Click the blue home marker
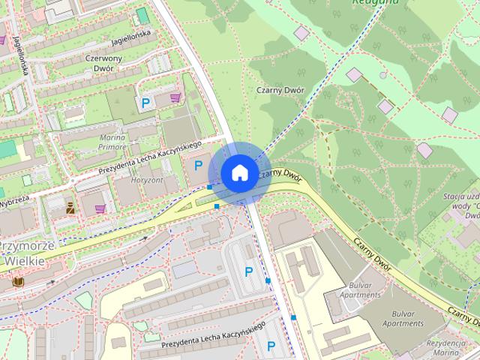point(238,172)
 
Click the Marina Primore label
point(112,142)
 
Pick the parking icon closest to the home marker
point(199,165)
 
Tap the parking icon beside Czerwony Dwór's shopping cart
point(145,103)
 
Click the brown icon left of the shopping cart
point(70,208)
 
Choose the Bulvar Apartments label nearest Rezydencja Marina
point(403,318)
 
